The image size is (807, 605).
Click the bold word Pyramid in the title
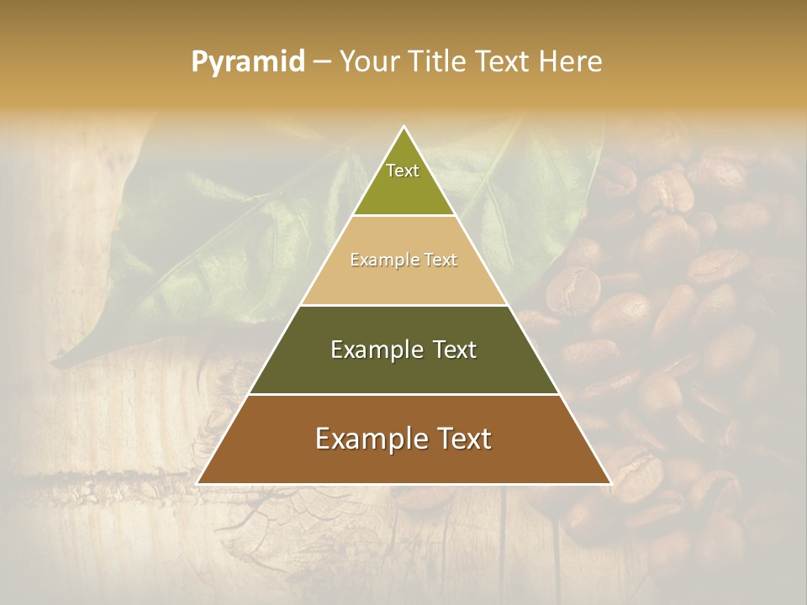248,62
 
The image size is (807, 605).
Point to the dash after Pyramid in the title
322,62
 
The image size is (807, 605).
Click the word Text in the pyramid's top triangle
403,171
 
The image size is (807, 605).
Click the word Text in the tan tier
439,260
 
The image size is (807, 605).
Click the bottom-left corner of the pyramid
198,483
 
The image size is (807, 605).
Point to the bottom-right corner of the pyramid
610,483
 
